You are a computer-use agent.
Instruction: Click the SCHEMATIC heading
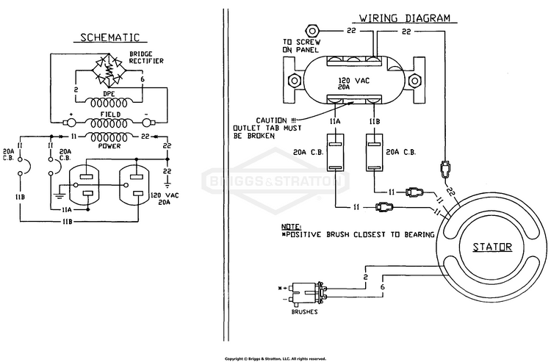110,37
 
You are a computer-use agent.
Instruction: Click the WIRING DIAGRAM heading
405,18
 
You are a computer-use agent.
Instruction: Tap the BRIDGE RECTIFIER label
146,57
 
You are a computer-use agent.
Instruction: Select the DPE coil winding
109,103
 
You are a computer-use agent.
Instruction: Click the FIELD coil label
110,115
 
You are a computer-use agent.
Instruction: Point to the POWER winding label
109,145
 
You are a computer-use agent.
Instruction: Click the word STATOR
492,247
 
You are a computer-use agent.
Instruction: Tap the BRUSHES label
305,312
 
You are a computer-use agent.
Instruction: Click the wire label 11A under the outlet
335,121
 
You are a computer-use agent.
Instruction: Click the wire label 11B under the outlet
374,121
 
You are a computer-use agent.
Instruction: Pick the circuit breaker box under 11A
336,152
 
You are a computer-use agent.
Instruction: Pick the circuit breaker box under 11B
375,152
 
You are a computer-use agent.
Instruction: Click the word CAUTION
271,120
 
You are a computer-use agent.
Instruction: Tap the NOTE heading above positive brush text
292,226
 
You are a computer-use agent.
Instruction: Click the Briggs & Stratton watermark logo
275,181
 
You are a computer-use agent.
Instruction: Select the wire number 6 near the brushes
382,287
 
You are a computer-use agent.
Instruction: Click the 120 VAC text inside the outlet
354,81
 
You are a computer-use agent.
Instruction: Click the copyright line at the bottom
275,359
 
